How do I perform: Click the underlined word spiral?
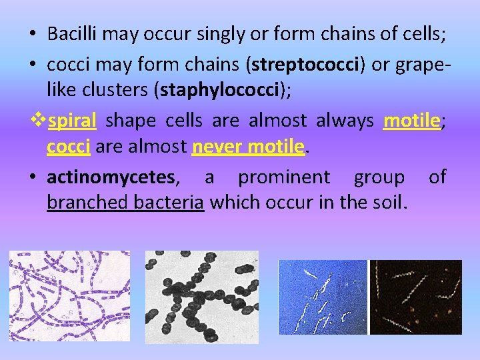point(73,121)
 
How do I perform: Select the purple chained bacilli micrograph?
point(69,297)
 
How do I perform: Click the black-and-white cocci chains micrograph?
point(201,297)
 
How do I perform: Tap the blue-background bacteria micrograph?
point(323,297)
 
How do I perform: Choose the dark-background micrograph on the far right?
point(416,297)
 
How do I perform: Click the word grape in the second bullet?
point(420,65)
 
